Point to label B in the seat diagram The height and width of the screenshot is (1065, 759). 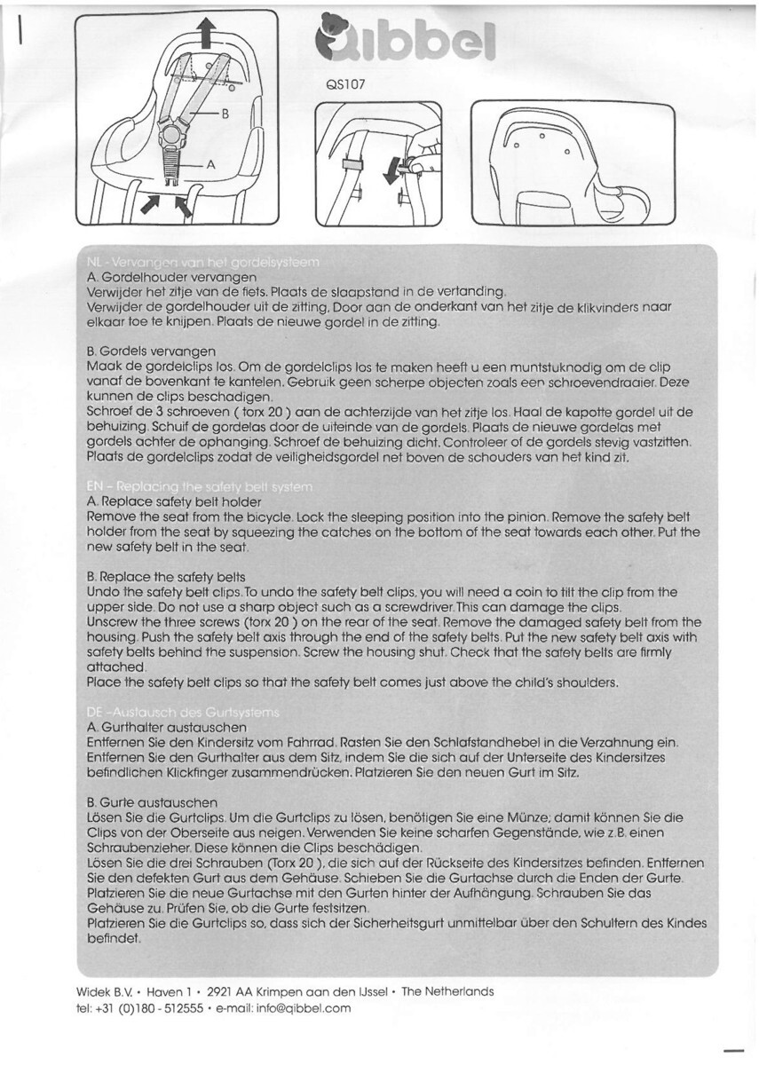click(x=225, y=114)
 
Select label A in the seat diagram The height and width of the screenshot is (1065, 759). click(x=210, y=164)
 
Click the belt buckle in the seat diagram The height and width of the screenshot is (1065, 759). click(x=173, y=136)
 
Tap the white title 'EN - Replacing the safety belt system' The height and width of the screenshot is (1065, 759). click(x=200, y=487)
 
